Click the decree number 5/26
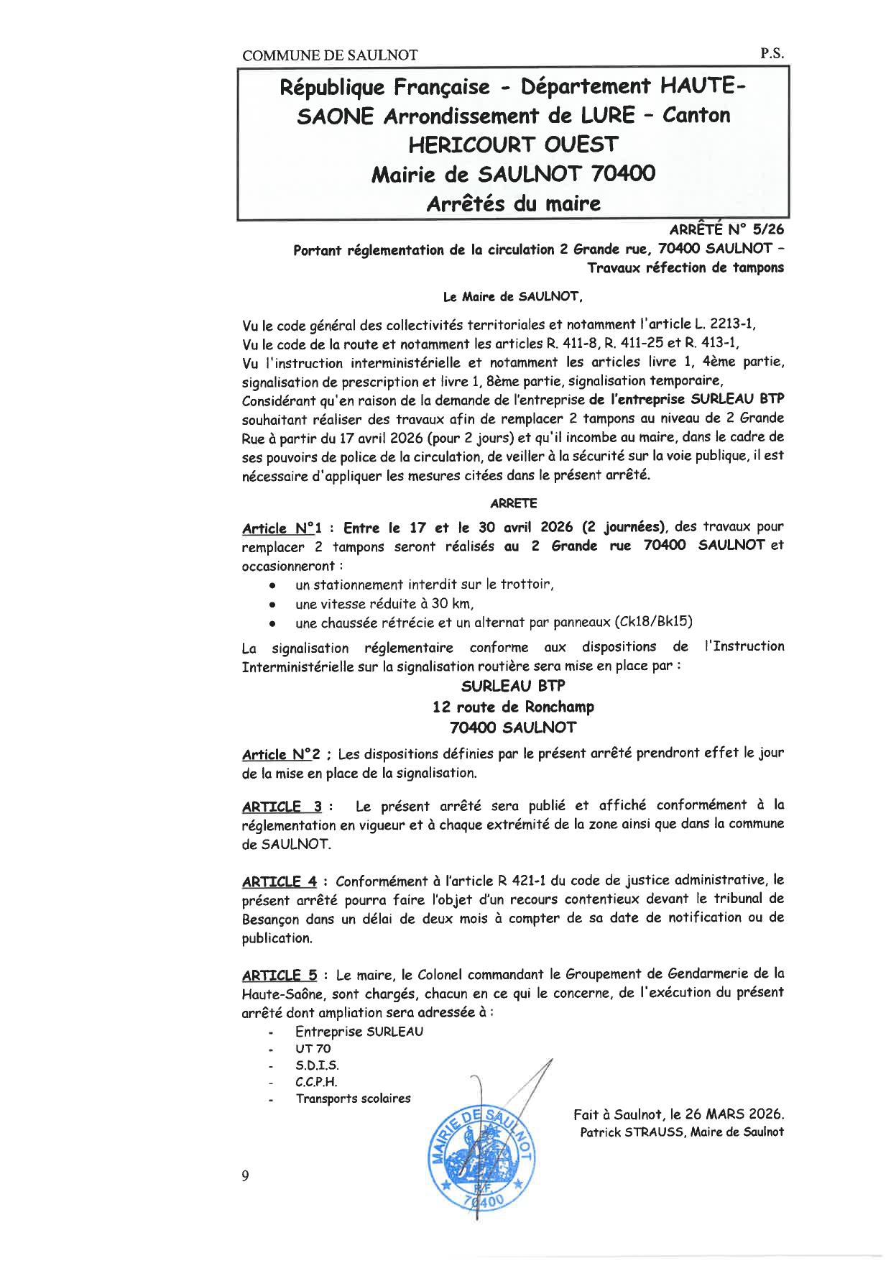pos(767,229)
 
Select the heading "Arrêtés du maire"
pos(513,203)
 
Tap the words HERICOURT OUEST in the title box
pos(513,145)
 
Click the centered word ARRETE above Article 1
pos(513,503)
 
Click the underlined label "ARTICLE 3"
pos(281,807)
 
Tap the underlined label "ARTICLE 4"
pos(280,881)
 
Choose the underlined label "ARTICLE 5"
pos(280,976)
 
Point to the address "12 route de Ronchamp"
pos(513,707)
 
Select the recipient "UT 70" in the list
pos(313,1049)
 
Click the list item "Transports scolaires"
pos(353,1099)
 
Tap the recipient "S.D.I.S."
pos(317,1065)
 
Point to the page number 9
pos(246,1176)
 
